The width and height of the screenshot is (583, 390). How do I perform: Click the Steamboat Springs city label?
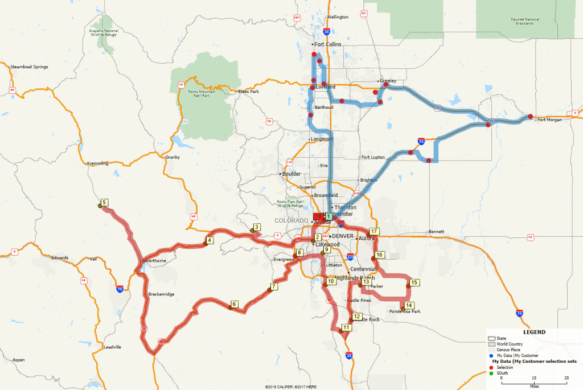30,67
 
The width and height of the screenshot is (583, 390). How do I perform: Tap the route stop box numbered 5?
104,202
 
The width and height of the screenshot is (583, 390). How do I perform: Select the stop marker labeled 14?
409,306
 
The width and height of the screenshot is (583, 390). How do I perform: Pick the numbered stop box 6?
234,304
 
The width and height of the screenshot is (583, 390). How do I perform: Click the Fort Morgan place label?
549,120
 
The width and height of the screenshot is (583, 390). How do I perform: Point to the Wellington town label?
338,17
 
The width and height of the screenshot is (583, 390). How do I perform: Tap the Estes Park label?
248,91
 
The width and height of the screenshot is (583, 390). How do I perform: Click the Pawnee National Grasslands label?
522,21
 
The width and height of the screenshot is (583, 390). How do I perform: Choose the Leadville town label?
112,347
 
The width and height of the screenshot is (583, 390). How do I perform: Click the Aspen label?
19,360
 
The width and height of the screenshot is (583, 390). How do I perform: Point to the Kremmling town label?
97,163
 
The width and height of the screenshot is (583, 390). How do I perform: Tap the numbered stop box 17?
374,232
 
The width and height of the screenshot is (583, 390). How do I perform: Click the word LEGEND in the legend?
534,332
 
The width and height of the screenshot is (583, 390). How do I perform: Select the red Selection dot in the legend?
490,367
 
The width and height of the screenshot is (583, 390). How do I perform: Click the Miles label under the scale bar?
533,385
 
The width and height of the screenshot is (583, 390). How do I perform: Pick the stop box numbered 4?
210,240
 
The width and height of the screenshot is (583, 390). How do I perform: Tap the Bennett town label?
436,232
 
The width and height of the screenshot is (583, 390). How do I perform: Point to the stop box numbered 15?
414,282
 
